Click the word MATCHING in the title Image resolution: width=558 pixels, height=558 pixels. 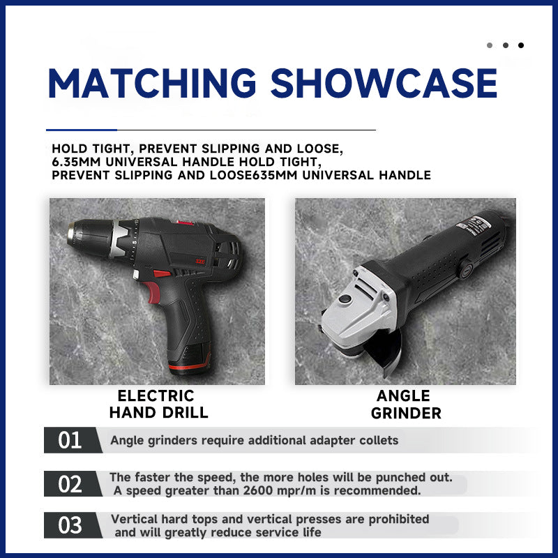tap(152, 83)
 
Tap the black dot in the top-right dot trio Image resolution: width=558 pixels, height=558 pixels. tap(521, 45)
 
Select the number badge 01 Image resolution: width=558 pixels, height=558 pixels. tap(70, 440)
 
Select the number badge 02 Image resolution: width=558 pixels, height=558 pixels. tap(70, 483)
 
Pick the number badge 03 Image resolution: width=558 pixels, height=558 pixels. tap(70, 525)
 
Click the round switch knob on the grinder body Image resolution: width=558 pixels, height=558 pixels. tap(465, 269)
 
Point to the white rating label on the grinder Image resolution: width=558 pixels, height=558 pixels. tap(474, 223)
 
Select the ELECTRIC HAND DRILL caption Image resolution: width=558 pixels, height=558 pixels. tap(159, 404)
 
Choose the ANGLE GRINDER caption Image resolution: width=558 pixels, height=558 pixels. tap(406, 405)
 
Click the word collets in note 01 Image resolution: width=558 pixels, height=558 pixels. tap(379, 440)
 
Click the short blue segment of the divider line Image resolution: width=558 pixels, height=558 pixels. tap(82, 130)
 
